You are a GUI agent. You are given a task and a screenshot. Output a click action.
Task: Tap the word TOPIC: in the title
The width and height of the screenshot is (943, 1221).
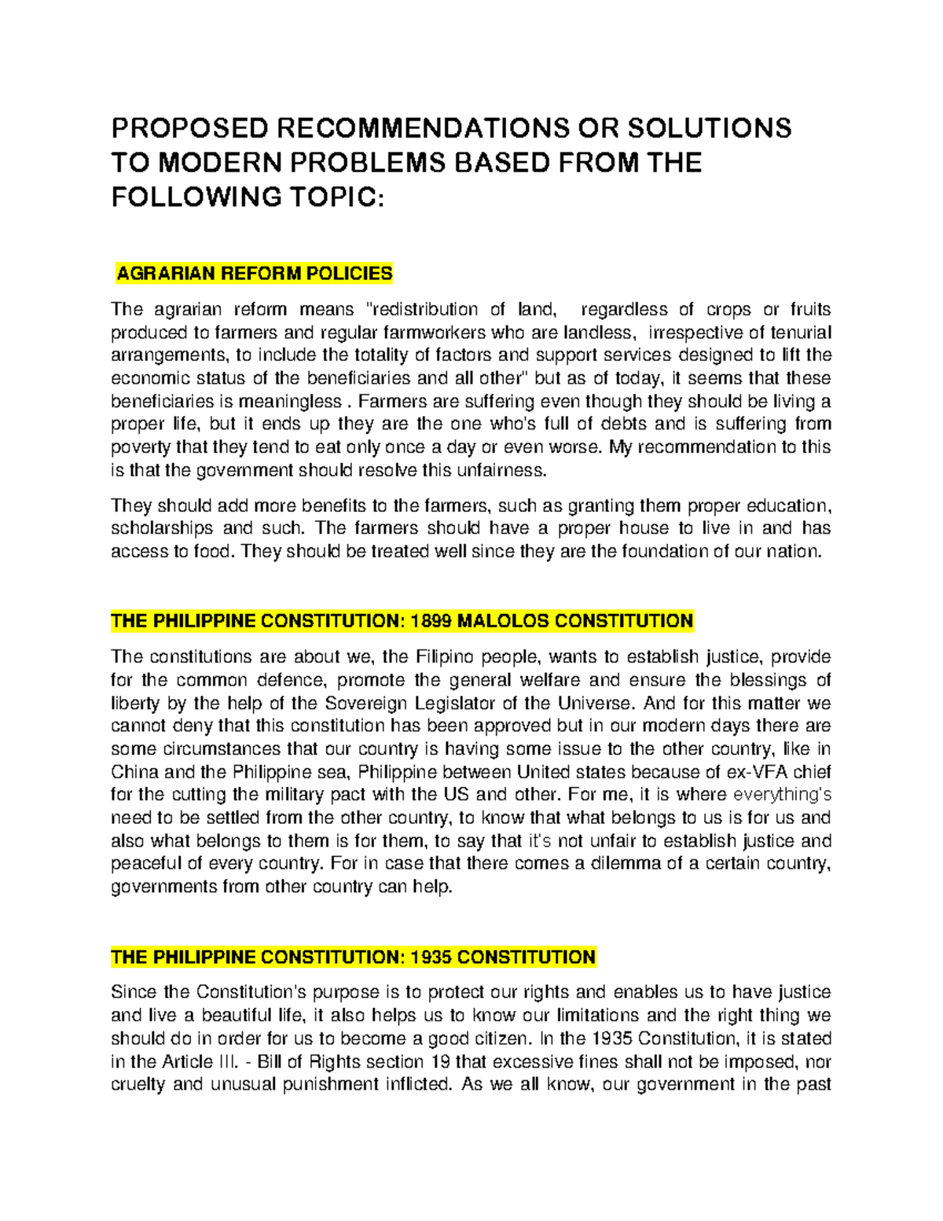point(339,197)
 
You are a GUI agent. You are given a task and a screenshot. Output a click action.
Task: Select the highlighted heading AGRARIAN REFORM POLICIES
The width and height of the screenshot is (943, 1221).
point(254,274)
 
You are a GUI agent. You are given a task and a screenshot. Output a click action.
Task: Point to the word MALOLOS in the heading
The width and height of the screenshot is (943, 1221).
point(503,621)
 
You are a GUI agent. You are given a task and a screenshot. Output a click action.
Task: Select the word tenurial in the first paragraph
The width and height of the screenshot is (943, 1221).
point(798,332)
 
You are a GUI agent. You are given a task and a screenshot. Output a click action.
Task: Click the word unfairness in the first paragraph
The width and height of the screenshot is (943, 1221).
point(503,470)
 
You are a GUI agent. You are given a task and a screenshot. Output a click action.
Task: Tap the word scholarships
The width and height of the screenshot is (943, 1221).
point(162,528)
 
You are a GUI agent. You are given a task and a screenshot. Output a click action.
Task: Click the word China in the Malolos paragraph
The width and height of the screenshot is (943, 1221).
point(134,771)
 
